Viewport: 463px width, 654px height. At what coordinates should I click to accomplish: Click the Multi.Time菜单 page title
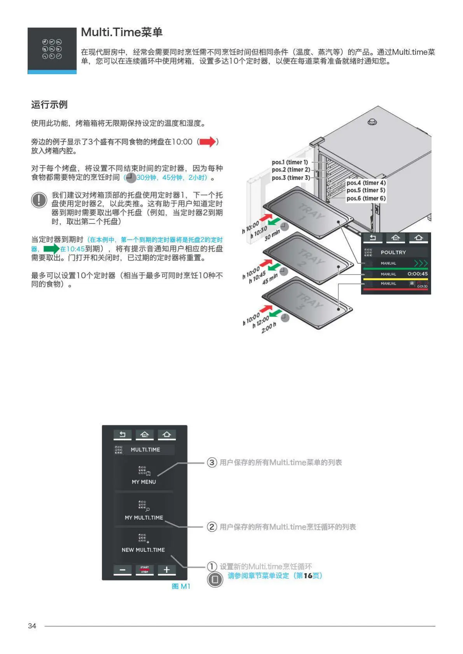click(x=121, y=32)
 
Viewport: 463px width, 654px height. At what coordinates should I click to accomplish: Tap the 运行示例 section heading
click(x=49, y=104)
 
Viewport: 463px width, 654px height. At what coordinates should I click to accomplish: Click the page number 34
click(x=32, y=626)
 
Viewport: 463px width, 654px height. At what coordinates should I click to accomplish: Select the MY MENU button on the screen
click(x=143, y=476)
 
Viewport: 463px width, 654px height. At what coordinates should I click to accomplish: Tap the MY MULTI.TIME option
click(x=144, y=511)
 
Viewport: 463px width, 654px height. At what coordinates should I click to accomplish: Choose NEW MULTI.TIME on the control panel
click(x=143, y=543)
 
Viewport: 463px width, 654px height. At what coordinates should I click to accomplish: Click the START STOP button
click(x=145, y=570)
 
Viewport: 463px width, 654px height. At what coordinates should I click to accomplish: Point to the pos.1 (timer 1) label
click(x=290, y=162)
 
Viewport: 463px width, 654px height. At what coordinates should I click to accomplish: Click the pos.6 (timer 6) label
click(x=366, y=198)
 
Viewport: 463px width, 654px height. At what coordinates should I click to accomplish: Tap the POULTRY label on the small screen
click(x=393, y=252)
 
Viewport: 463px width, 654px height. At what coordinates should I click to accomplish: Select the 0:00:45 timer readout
click(x=418, y=274)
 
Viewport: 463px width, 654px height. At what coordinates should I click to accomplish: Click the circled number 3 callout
click(x=212, y=462)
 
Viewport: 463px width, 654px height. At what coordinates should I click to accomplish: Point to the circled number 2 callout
click(x=212, y=527)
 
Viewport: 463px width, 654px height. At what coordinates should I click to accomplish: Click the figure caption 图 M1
click(x=181, y=586)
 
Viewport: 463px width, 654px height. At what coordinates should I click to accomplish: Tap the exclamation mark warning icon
click(x=39, y=200)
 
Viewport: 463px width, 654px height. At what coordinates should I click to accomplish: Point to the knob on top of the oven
click(x=372, y=122)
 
